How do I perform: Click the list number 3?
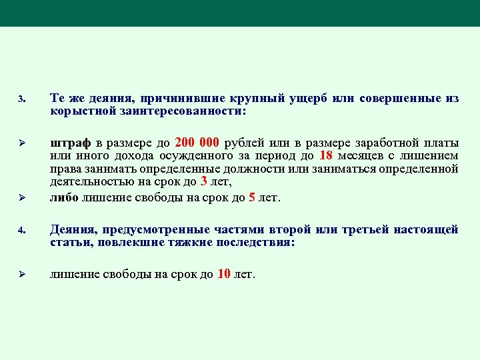(21, 100)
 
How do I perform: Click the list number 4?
(21, 231)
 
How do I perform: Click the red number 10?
(224, 274)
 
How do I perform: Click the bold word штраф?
(70, 143)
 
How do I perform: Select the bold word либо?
(65, 198)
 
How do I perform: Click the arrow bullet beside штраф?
(21, 143)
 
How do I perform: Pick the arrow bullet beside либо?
(21, 197)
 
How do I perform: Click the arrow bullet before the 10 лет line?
(21, 275)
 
